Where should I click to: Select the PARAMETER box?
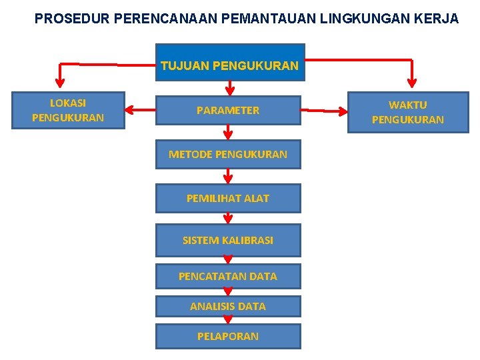228,111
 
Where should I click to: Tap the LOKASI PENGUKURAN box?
68,111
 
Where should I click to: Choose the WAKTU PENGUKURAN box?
407,113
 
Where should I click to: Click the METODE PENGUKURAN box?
228,155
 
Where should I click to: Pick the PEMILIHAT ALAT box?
228,198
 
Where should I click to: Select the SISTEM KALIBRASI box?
228,240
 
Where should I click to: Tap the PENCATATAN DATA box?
228,276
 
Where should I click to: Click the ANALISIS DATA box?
228,307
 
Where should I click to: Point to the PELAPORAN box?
228,337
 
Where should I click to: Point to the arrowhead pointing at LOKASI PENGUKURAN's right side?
131,110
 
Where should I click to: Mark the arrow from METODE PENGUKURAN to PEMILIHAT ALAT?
228,176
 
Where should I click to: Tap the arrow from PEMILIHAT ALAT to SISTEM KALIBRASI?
228,218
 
